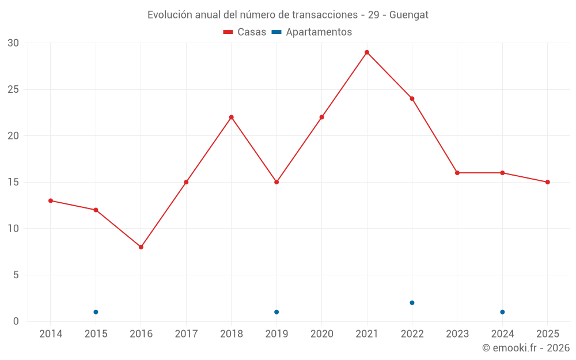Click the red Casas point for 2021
tap(366, 52)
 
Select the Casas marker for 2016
tap(141, 247)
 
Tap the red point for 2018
tap(232, 118)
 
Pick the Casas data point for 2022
tap(412, 99)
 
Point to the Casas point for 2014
tap(51, 201)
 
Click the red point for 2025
tap(547, 182)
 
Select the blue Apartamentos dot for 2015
tap(96, 312)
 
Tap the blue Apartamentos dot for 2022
tap(412, 303)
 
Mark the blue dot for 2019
tap(276, 312)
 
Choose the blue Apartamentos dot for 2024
tap(502, 312)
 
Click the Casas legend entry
tap(245, 32)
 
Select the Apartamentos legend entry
tap(312, 32)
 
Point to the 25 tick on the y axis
tap(13, 90)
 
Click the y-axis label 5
tap(16, 275)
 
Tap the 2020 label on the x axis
tap(322, 334)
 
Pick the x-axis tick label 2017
tap(186, 334)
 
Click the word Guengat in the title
tap(409, 15)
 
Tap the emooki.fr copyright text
tap(526, 348)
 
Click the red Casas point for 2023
tap(457, 173)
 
